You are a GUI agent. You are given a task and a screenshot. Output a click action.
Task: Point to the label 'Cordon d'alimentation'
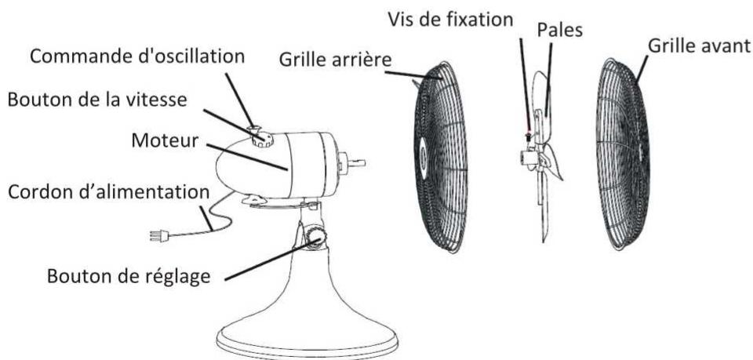pyautogui.click(x=108, y=191)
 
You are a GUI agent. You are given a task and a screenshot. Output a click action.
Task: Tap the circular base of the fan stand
pyautogui.click(x=306, y=333)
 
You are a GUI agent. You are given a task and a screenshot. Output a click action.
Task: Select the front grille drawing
pyautogui.click(x=624, y=153)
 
